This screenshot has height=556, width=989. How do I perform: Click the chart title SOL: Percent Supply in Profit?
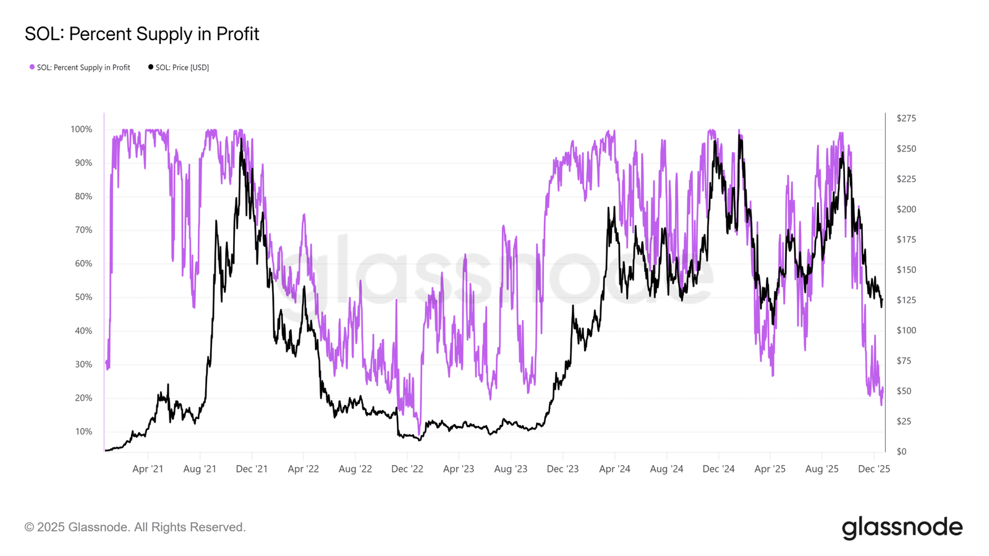click(142, 34)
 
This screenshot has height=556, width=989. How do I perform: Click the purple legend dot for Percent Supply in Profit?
click(32, 67)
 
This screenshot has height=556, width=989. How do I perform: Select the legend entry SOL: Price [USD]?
click(179, 67)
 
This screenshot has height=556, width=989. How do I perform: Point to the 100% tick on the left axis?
click(81, 129)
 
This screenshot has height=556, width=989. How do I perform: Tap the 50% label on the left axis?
click(83, 297)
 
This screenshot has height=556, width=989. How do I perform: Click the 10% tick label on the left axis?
click(83, 432)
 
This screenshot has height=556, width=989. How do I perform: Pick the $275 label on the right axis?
click(906, 118)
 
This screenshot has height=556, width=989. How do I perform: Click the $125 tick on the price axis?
click(906, 300)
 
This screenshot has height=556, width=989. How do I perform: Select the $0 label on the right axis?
click(902, 452)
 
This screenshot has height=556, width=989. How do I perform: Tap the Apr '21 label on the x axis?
click(148, 469)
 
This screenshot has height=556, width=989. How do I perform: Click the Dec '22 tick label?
click(407, 469)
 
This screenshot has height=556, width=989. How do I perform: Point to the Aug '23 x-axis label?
click(511, 469)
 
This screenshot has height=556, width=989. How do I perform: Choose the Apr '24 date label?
click(614, 469)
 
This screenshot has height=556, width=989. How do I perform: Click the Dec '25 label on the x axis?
click(874, 469)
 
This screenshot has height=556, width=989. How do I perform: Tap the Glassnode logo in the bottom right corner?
click(902, 528)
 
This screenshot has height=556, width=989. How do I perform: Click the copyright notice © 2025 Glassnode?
click(135, 528)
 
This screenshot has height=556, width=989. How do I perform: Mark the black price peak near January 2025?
click(739, 135)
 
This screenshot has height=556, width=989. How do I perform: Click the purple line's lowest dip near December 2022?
click(419, 434)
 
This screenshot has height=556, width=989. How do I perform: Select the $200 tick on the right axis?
click(906, 209)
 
